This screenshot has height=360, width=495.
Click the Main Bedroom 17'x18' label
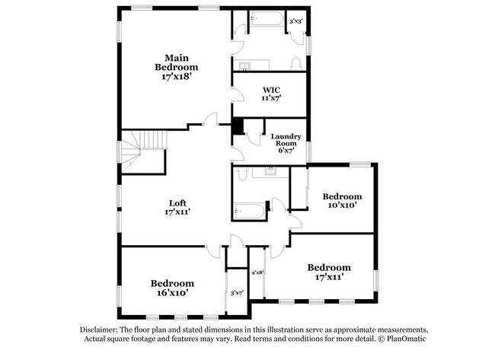point(177,67)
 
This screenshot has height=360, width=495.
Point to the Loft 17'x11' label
point(177,207)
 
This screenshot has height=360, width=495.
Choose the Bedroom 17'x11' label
point(329,272)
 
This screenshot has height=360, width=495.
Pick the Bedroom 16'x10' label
point(171,287)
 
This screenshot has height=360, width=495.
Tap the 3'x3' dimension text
point(295,21)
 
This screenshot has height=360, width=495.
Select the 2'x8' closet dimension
point(257,272)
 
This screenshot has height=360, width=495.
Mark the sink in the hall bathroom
point(271,172)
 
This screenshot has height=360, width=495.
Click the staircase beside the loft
point(134,149)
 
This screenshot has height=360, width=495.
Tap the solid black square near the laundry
point(238,126)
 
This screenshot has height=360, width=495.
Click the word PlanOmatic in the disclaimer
point(409,339)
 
